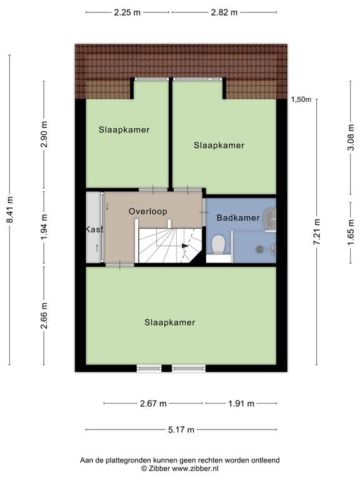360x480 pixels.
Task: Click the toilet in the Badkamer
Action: tap(219, 244)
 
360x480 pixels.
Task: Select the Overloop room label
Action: tap(148, 211)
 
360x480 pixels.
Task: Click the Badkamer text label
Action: tap(238, 217)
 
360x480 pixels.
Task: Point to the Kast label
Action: tap(94, 229)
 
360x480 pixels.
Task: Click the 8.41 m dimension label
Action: tap(10, 210)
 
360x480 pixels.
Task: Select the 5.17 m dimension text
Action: tap(181, 429)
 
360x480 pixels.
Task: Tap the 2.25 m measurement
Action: tap(127, 12)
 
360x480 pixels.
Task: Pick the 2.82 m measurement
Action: tap(224, 12)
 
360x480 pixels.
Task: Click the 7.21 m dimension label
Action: tap(316, 232)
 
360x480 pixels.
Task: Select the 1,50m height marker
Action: tap(301, 99)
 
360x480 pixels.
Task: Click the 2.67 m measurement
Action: tap(153, 404)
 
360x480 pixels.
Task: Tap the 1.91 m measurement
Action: tap(241, 404)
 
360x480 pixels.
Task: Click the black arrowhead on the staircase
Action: tap(184, 246)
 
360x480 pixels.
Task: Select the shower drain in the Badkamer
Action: tap(259, 249)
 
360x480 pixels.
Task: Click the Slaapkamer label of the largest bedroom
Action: tap(170, 322)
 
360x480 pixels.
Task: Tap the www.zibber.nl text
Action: tap(195, 468)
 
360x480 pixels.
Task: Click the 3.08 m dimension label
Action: tap(351, 137)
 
